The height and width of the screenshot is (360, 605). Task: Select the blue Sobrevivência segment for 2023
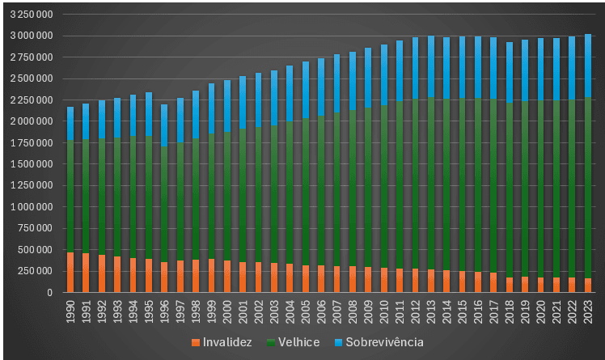[587, 66]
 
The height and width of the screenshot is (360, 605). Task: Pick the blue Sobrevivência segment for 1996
[164, 125]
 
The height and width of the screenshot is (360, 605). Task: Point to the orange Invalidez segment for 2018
[509, 285]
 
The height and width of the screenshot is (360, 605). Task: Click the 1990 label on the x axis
[70, 311]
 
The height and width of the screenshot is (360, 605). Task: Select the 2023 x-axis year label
[587, 311]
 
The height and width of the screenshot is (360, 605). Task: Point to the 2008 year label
[352, 311]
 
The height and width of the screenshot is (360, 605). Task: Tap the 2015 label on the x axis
[462, 311]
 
